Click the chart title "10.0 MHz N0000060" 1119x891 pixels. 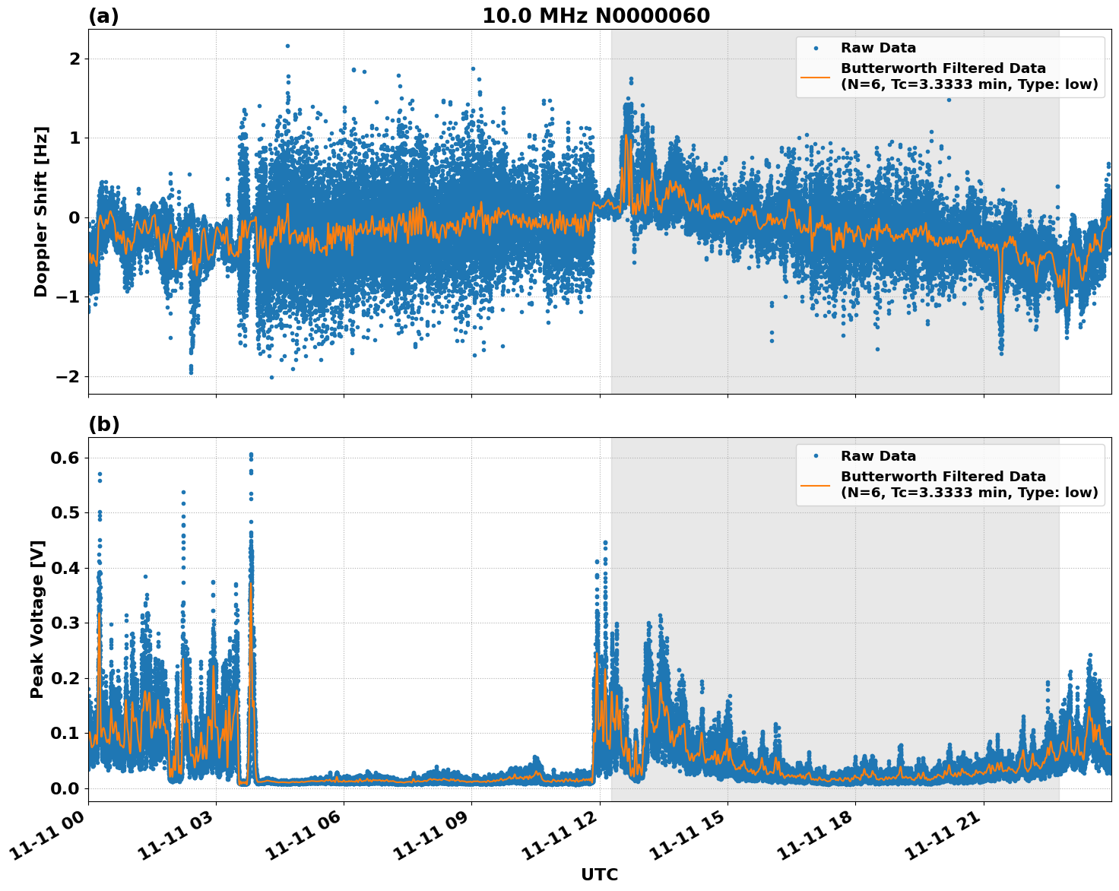pos(595,16)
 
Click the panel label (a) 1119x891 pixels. pos(103,16)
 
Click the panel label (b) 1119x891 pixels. pos(103,424)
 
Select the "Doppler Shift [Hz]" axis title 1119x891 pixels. pos(41,211)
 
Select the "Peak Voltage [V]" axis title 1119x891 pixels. pos(37,619)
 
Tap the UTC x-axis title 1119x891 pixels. pos(599,874)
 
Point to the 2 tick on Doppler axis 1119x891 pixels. pos(74,59)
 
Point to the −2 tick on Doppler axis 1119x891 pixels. pos(69,377)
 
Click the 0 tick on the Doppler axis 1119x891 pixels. pos(74,218)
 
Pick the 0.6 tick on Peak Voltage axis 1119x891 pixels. pos(65,458)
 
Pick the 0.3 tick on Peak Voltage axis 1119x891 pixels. pos(65,623)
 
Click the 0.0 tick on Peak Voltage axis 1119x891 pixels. pos(65,788)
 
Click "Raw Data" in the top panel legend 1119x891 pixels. pos(878,49)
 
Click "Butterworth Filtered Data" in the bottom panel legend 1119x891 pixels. pos(943,477)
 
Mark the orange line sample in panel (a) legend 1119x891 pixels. pos(815,76)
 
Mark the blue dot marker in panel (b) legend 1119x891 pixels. pos(815,456)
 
